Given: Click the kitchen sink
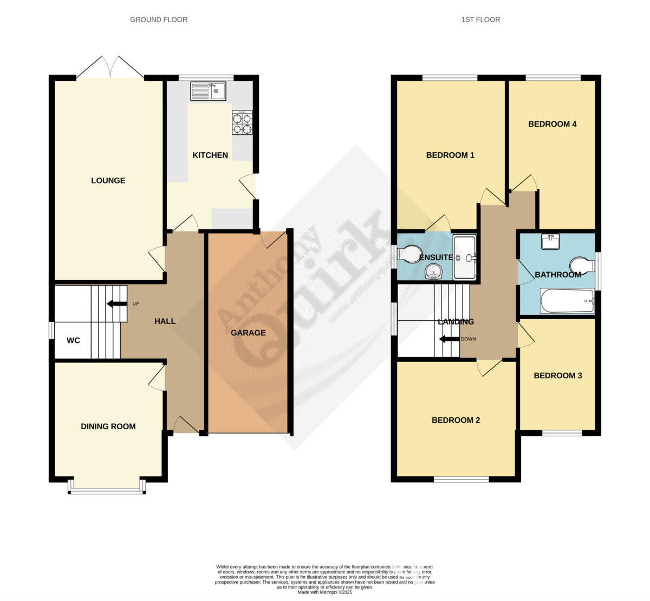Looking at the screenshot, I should [208, 91].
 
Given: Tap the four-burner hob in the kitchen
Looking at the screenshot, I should [242, 123].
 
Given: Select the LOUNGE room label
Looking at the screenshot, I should [108, 180].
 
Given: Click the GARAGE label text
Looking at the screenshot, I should [248, 333].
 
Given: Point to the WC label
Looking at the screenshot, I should [73, 340].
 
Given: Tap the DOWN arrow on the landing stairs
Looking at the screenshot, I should [449, 339].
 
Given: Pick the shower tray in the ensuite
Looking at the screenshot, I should [464, 257].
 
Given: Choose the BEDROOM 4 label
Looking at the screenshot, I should [552, 124].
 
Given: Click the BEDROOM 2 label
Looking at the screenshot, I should [456, 420].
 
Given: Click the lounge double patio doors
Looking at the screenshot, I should [110, 69].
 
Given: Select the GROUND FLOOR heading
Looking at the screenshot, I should [159, 20].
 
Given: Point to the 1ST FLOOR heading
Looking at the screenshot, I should [480, 20].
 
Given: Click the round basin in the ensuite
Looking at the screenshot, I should [433, 271].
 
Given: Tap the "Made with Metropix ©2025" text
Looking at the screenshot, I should [325, 592].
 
